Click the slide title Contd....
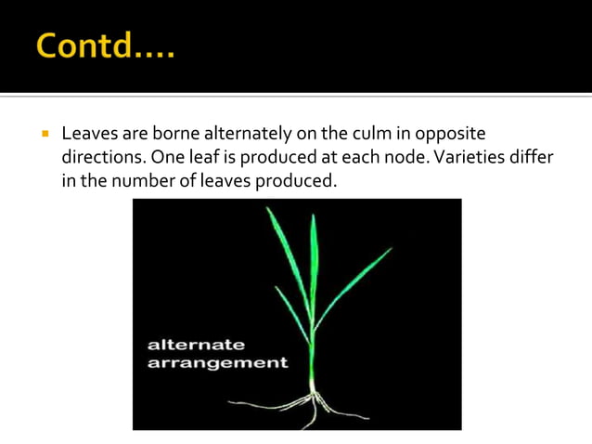[x=105, y=46]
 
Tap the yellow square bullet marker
[x=44, y=134]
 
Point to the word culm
[x=367, y=135]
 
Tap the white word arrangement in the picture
[x=217, y=362]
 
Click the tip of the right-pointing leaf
[x=389, y=249]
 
